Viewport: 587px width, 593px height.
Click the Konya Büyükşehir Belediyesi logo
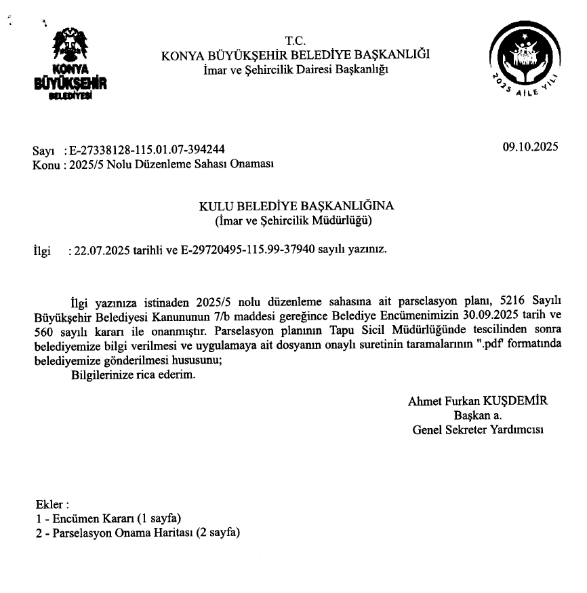[70, 64]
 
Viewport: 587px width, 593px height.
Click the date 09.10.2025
[530, 146]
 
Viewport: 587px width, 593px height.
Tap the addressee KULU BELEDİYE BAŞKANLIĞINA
[296, 206]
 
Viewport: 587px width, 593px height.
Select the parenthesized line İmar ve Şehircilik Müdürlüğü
[296, 221]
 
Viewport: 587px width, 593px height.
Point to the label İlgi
[42, 250]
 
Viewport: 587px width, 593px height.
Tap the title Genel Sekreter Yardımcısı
[478, 429]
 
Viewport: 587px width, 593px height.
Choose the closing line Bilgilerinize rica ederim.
[133, 375]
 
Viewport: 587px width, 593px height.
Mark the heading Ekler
[52, 505]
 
